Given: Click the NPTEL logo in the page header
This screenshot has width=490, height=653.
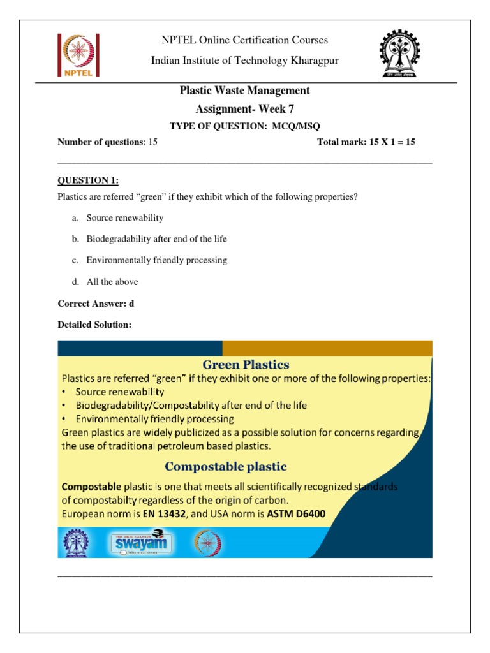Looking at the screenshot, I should [x=78, y=56].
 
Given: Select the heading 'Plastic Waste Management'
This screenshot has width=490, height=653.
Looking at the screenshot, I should [x=245, y=91].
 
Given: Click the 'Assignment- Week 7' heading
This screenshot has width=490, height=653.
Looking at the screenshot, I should [x=245, y=109].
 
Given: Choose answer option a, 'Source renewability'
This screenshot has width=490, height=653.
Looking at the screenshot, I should [x=124, y=218].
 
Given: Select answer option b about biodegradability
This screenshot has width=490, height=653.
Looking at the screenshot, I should [x=156, y=239].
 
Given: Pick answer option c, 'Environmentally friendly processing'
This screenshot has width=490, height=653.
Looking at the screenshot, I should [x=156, y=260].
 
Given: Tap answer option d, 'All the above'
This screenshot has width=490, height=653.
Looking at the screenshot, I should [x=112, y=282].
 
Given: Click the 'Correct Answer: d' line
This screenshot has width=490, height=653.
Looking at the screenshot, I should [x=96, y=304].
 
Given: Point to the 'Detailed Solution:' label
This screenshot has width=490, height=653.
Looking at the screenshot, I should [x=94, y=325].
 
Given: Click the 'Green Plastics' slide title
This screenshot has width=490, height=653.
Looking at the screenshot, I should [x=246, y=365].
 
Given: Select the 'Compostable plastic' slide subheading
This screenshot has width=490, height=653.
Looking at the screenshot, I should [x=244, y=466].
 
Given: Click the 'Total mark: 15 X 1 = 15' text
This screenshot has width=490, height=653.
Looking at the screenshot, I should [x=366, y=142].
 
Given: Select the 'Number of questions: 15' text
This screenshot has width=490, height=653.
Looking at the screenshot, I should [x=107, y=142].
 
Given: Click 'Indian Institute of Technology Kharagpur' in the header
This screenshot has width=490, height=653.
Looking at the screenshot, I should [x=245, y=61].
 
